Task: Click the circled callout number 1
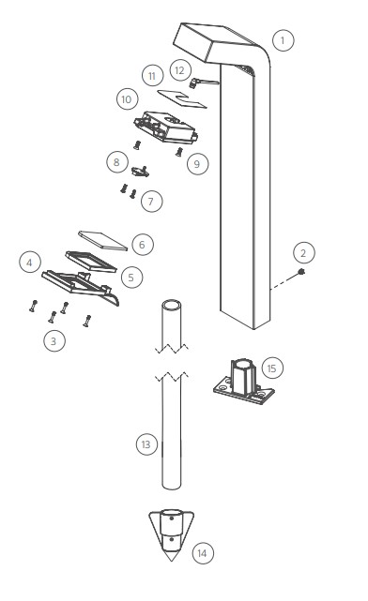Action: coord(284,40)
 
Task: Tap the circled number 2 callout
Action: coord(304,253)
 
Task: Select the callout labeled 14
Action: coord(203,553)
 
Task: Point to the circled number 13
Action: coord(146,444)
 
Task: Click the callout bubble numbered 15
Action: coord(272,368)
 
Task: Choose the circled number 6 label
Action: coord(143,245)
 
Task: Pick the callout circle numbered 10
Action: coord(127,99)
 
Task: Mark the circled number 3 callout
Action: coord(54,340)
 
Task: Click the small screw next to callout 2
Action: coord(302,272)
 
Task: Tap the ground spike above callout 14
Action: coord(172,534)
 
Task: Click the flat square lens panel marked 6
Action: coord(102,241)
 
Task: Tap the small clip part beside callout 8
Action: coord(141,172)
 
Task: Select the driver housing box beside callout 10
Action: coord(166,128)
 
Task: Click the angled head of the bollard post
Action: coord(219,43)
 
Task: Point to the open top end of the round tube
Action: coord(172,306)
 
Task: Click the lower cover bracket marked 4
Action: coord(81,287)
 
